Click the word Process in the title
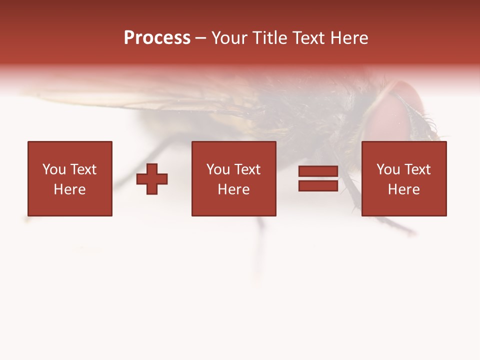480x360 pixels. (x=157, y=38)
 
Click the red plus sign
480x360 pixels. (x=152, y=179)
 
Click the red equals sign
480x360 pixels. (x=318, y=178)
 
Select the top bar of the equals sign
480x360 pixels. (x=318, y=171)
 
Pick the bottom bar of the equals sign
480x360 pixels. (x=318, y=185)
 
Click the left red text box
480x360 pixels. (x=69, y=178)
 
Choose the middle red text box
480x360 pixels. (x=233, y=178)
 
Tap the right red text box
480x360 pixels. (x=403, y=178)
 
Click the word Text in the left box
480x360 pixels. (x=83, y=169)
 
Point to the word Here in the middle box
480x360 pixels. (x=233, y=189)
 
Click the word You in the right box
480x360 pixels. (x=388, y=169)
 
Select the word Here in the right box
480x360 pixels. (x=403, y=189)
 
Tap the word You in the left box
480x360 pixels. (x=54, y=169)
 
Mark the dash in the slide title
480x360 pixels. (x=200, y=38)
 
